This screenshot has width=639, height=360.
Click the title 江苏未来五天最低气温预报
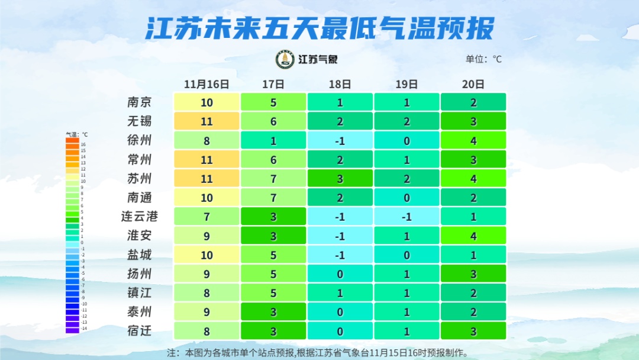pyautogui.click(x=319, y=28)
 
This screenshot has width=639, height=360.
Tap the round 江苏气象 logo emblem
pyautogui.click(x=285, y=59)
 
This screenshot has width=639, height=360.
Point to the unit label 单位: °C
pyautogui.click(x=483, y=59)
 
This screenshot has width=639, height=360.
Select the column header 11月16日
pyautogui.click(x=206, y=84)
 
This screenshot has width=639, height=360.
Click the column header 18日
pyautogui.click(x=340, y=84)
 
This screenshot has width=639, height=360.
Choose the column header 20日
pyautogui.click(x=473, y=84)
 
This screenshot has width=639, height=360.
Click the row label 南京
pyautogui.click(x=140, y=102)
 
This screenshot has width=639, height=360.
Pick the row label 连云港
pyautogui.click(x=140, y=216)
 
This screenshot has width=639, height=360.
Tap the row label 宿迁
pyautogui.click(x=140, y=330)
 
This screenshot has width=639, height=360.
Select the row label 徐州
pyautogui.click(x=140, y=140)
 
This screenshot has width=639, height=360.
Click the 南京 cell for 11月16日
pyautogui.click(x=206, y=102)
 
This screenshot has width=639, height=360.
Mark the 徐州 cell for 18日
pyautogui.click(x=340, y=140)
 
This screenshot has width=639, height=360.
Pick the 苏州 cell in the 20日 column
pyautogui.click(x=473, y=178)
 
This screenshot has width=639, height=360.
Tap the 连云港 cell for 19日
pyautogui.click(x=407, y=216)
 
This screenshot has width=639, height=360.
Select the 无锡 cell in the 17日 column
pyautogui.click(x=273, y=121)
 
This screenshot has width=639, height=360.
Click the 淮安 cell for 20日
pyautogui.click(x=473, y=235)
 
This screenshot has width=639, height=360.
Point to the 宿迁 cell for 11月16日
pyautogui.click(x=206, y=330)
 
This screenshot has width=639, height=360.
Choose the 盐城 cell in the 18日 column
pyautogui.click(x=340, y=255)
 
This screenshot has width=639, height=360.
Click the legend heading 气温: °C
pyautogui.click(x=76, y=134)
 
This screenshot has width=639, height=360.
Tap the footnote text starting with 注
pyautogui.click(x=319, y=353)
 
